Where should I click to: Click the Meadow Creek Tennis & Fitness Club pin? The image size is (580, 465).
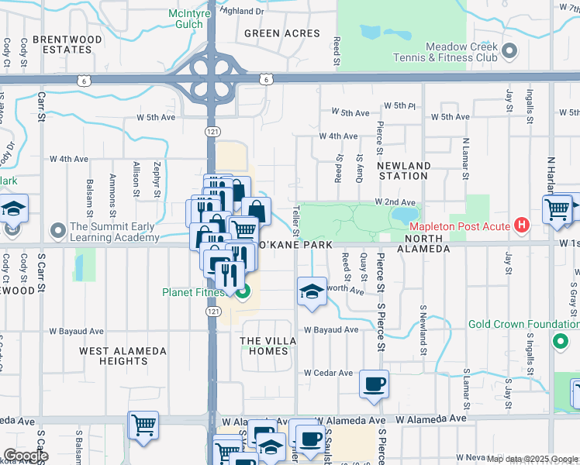pos(509,52)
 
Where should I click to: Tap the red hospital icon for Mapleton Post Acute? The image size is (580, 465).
pos(523,226)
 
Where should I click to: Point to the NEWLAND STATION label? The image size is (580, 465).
pos(403,171)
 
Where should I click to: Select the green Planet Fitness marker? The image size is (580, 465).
pos(243,292)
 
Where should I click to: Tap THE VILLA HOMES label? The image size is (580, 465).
pos(264,346)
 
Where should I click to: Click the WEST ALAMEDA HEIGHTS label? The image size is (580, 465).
pos(123,356)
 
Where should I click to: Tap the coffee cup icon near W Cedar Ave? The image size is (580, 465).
pos(374,384)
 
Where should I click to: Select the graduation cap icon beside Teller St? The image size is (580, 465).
pos(312,292)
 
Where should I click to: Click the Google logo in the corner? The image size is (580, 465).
pos(25,456)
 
